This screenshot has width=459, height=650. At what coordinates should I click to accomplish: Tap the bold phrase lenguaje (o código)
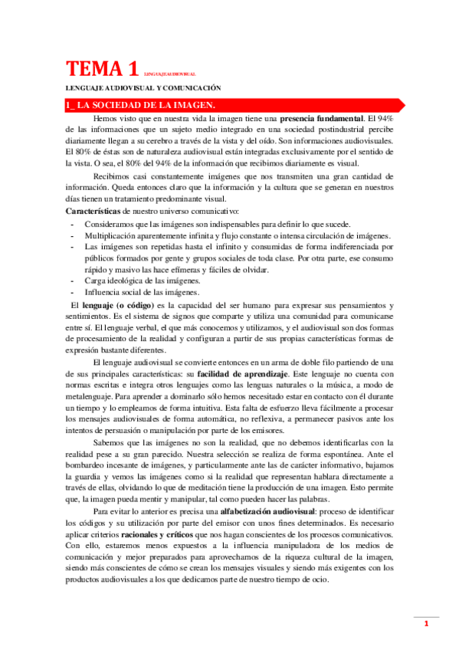[x=123, y=305]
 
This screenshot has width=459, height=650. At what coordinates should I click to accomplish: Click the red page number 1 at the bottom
[x=426, y=625]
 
